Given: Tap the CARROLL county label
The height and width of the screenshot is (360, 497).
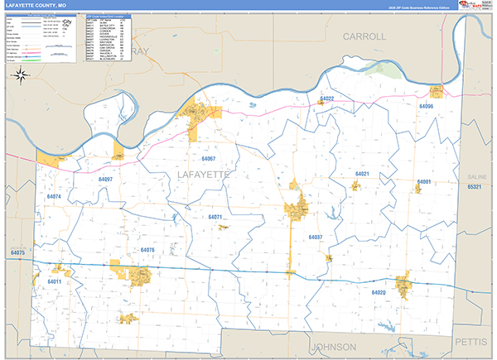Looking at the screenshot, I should [364, 37].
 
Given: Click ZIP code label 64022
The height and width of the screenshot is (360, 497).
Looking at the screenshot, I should [326, 98].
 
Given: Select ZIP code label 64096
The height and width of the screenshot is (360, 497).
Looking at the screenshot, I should [427, 107].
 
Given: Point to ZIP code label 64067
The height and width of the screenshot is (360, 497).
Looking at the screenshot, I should [208, 158].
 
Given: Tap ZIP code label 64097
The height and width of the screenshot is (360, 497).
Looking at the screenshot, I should [105, 179].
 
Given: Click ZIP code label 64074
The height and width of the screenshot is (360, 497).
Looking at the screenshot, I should [54, 197].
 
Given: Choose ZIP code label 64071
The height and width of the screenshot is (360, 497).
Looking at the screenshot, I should [215, 217].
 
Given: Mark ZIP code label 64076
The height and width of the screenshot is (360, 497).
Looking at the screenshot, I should [147, 249].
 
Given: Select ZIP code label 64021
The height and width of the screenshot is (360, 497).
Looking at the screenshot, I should [362, 174].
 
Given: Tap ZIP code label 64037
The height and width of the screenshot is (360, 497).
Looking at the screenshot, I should [315, 237].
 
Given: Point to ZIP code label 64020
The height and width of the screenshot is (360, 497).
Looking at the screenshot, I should [379, 292].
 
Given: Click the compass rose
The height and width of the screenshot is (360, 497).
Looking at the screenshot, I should [20, 75].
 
